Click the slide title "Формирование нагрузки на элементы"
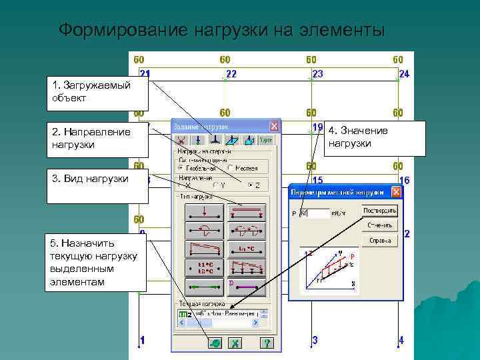(x=221, y=31)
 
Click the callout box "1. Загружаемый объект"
(x=97, y=92)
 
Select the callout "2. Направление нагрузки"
(x=97, y=138)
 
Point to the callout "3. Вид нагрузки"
(x=97, y=185)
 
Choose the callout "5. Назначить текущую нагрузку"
(x=97, y=262)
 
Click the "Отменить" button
(x=380, y=225)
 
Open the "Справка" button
(x=380, y=240)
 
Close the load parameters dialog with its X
(x=396, y=192)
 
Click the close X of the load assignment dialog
(x=274, y=125)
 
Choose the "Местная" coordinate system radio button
(x=231, y=168)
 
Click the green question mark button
(x=266, y=343)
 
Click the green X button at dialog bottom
(x=235, y=343)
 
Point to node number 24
(x=404, y=73)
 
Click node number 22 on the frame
(x=231, y=73)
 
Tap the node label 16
(x=404, y=181)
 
